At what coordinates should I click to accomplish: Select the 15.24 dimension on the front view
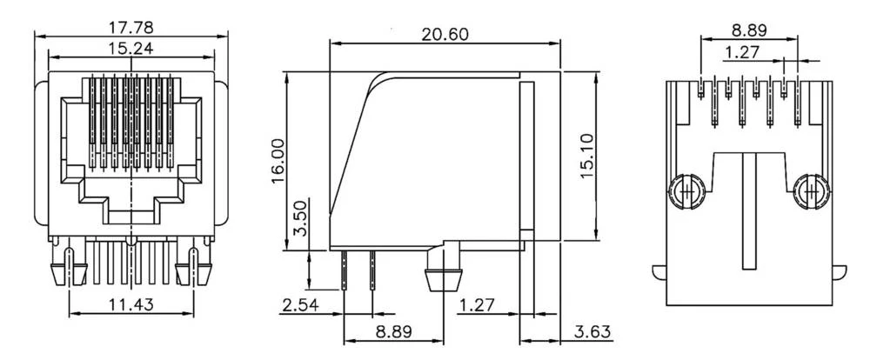pos(130,48)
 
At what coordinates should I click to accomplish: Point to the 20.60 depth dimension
pos(445,34)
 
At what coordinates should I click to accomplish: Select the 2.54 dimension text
pos(298,305)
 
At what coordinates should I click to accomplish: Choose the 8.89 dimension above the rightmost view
pos(748,30)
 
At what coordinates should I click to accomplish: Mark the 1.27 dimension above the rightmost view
pos(741,52)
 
